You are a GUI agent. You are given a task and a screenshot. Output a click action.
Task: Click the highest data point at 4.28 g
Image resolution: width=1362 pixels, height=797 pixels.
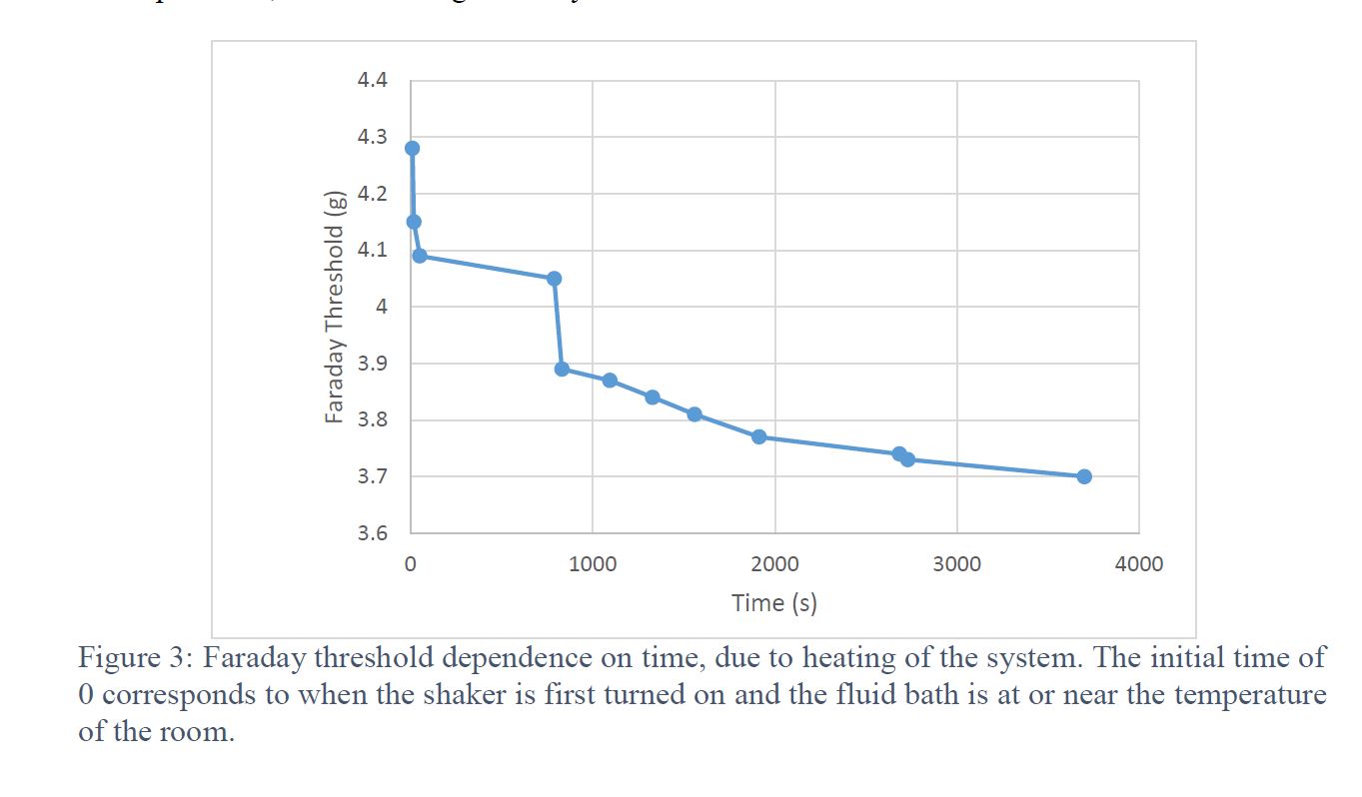tap(412, 148)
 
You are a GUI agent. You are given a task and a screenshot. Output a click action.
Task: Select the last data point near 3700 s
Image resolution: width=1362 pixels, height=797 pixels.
tap(1084, 476)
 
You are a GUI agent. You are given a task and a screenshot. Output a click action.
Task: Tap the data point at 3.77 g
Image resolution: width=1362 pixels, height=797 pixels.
tap(758, 436)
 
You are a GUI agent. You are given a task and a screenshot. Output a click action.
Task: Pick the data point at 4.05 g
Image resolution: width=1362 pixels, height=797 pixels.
tap(555, 279)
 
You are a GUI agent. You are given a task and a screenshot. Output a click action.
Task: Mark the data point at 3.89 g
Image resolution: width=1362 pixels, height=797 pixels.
tap(562, 370)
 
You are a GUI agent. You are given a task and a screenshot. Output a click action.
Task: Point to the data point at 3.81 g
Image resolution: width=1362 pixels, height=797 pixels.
tap(694, 414)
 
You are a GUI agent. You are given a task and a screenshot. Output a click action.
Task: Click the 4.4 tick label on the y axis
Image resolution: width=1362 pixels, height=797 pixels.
tap(372, 80)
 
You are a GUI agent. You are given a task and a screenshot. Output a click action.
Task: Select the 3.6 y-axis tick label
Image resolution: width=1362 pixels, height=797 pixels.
tap(372, 533)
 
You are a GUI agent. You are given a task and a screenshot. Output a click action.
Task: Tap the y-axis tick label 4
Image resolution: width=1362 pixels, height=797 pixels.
tap(380, 307)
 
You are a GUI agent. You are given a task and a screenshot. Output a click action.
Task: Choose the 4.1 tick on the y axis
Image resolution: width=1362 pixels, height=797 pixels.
tap(372, 250)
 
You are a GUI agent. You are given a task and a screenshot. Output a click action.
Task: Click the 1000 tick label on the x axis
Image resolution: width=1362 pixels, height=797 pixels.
tap(593, 564)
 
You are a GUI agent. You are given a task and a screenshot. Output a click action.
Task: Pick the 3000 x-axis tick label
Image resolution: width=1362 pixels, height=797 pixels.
tap(956, 564)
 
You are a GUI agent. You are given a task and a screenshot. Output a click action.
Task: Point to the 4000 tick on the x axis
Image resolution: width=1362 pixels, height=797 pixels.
tap(1139, 564)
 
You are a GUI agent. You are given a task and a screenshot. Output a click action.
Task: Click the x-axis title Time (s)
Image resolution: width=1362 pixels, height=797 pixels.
tap(774, 603)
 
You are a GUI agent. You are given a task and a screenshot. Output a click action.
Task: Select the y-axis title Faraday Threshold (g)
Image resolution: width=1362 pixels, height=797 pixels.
tap(336, 306)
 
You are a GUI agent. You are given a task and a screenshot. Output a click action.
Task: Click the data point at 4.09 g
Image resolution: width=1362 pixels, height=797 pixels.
tap(420, 256)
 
